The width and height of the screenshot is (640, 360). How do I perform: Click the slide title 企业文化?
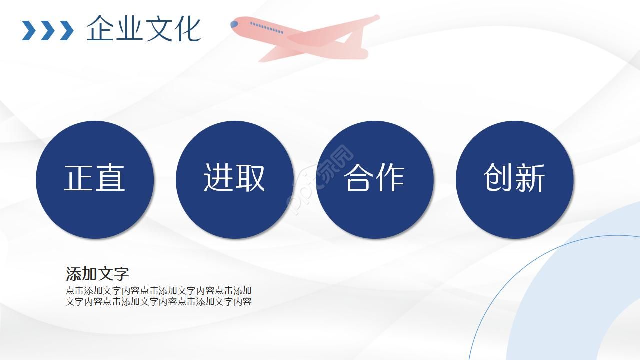(x=144, y=29)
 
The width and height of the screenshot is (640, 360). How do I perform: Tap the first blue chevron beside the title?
(x=29, y=30)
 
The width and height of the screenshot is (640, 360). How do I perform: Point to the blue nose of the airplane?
(x=234, y=24)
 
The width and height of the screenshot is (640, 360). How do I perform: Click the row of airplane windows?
(x=266, y=28)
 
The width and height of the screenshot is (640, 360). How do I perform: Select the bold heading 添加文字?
(x=97, y=274)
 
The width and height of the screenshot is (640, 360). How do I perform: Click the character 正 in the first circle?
(x=79, y=178)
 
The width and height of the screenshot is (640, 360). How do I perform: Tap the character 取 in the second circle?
(x=250, y=178)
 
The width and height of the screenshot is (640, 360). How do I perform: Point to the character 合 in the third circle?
(x=358, y=178)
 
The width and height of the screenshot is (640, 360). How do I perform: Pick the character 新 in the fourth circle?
(x=530, y=178)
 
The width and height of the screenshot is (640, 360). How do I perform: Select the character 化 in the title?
(x=187, y=29)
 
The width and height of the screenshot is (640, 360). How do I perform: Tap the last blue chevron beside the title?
(x=66, y=30)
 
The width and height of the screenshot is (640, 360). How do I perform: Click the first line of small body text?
(x=158, y=290)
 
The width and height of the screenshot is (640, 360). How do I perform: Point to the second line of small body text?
(x=158, y=301)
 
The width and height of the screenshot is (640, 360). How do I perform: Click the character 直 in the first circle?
(x=110, y=178)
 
